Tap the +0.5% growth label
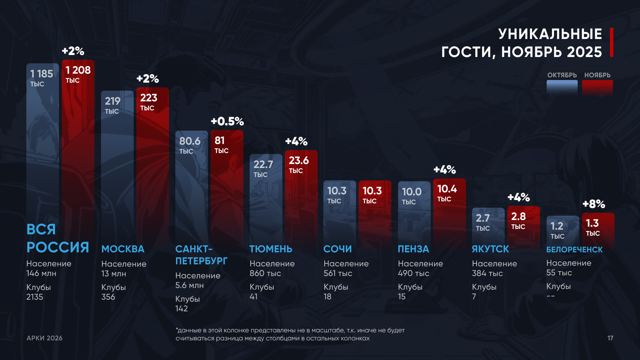(x=227, y=121)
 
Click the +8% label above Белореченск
(x=594, y=204)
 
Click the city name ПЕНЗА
(x=413, y=249)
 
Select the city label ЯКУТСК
(x=490, y=249)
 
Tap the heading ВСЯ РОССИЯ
(x=57, y=238)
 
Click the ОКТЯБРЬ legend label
(x=562, y=75)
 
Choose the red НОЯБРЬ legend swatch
(x=597, y=88)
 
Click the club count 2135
(x=35, y=297)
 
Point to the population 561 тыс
(x=338, y=273)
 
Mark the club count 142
(x=181, y=309)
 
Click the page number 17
(x=610, y=338)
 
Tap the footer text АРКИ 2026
(x=45, y=338)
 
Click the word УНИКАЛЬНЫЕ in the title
(x=550, y=34)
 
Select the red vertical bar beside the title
(x=612, y=42)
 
